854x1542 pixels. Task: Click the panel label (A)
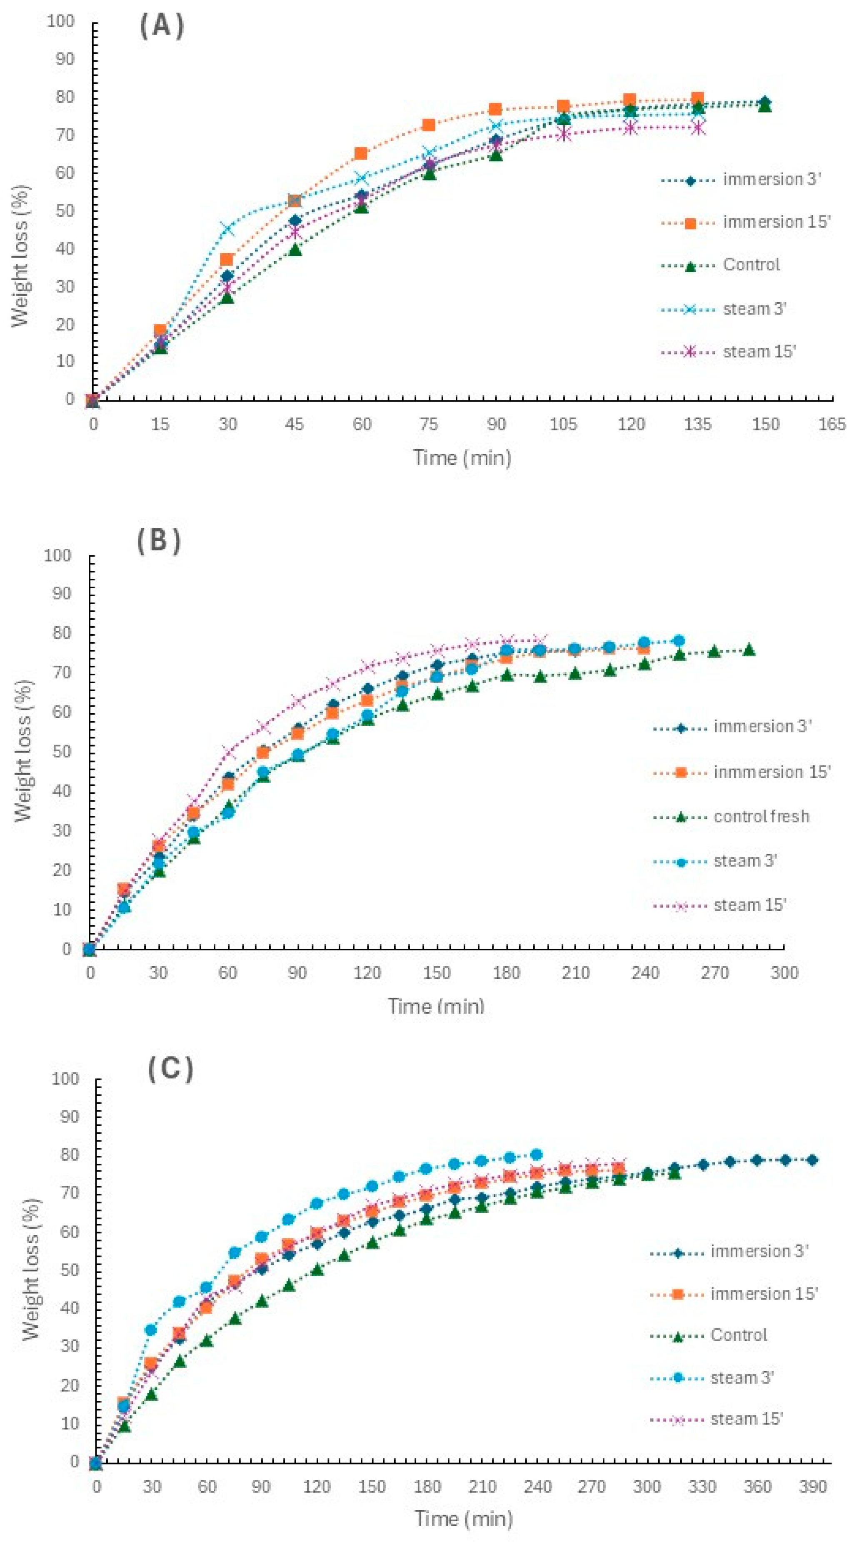(162, 27)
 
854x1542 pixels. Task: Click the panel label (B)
(159, 541)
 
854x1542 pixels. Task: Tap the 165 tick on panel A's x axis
(832, 425)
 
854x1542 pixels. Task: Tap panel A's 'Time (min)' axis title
(462, 458)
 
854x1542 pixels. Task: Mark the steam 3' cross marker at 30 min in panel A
(227, 229)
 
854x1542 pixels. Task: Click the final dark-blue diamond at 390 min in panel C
(812, 1160)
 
